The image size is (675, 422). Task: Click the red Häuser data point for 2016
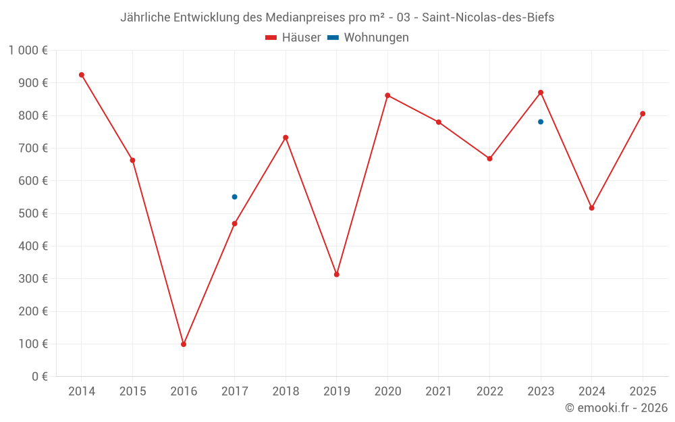click(184, 344)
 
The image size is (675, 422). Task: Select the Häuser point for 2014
click(82, 75)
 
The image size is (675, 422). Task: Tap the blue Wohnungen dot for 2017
click(234, 197)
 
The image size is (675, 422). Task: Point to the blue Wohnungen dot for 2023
click(541, 122)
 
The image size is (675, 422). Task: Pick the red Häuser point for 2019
click(337, 274)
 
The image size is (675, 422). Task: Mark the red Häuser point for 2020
click(387, 96)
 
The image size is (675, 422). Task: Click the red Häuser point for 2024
click(592, 208)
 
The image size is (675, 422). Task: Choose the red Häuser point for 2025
click(643, 113)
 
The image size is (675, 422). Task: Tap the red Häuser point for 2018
click(286, 138)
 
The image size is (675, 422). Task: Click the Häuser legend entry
click(293, 38)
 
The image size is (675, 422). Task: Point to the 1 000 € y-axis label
click(28, 50)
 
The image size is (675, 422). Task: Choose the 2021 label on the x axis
click(439, 392)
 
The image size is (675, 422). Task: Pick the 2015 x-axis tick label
click(132, 392)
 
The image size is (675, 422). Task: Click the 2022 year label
click(489, 392)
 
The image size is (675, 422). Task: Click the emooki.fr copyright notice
click(616, 408)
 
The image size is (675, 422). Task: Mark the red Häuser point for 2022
click(489, 159)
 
